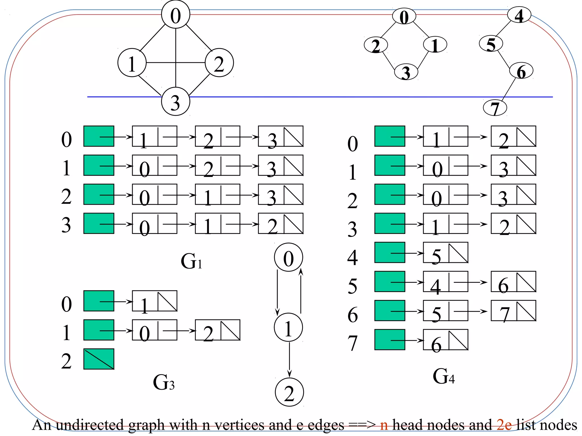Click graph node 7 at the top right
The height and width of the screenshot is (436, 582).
coord(495,108)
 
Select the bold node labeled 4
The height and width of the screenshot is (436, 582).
coord(519,16)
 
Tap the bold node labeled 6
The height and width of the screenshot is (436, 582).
coord(521,71)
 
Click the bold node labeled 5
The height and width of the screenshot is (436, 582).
coord(491,44)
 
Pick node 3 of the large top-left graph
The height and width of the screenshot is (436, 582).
coord(175,102)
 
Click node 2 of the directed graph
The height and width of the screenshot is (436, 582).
coord(289,392)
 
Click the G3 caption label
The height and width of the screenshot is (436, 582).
coord(163,382)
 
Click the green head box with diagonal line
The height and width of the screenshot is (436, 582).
coord(99,359)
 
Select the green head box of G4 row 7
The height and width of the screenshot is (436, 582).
coord(390,339)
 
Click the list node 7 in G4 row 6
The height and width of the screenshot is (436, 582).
coord(513,311)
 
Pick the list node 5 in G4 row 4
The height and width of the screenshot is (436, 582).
coord(445,252)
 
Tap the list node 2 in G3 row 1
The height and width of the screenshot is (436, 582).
coord(217,330)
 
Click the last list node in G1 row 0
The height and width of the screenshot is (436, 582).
coord(280,136)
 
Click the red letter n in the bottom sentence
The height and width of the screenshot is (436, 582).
coord(384,425)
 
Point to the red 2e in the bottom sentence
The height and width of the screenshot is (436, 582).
coord(504,425)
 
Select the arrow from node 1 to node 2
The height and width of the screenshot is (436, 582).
coord(289,359)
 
